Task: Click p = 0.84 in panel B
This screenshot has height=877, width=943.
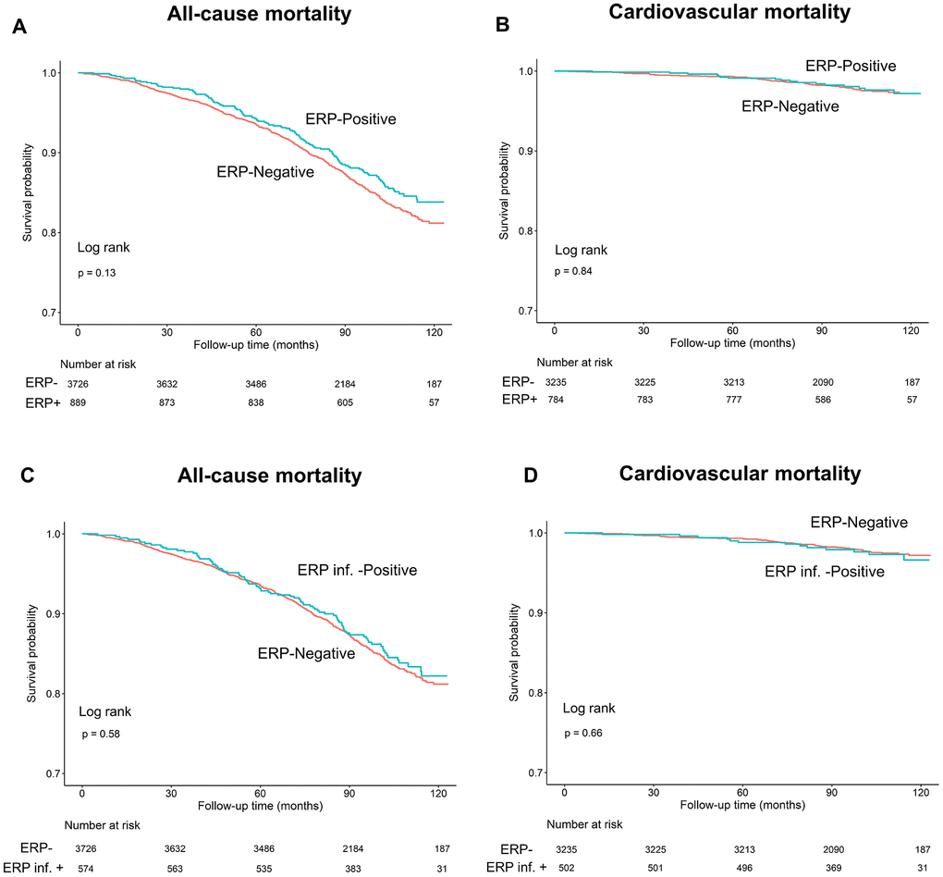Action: [573, 271]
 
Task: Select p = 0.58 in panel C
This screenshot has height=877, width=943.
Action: [101, 734]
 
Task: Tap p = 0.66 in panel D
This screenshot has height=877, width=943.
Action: [582, 733]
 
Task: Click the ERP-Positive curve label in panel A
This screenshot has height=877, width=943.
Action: [351, 120]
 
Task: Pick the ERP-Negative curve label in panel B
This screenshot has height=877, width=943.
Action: [790, 106]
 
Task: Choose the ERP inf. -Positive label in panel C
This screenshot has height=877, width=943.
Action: [357, 571]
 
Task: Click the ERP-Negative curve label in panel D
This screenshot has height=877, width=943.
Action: [859, 523]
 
